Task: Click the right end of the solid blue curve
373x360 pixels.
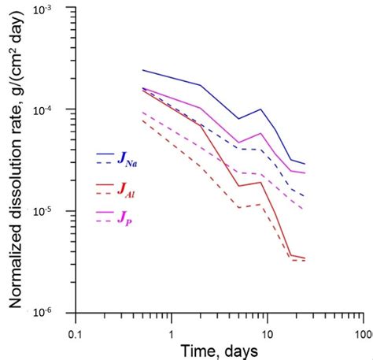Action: (x=305, y=164)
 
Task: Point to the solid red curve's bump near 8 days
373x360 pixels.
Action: (x=260, y=183)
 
